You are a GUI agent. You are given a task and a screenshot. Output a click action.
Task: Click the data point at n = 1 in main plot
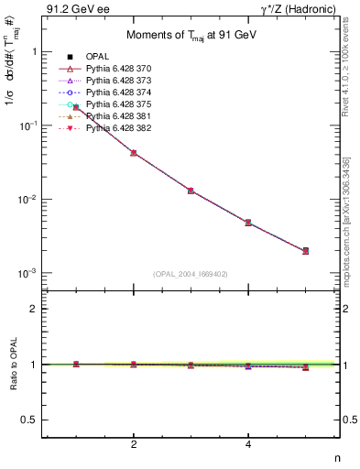[76, 107]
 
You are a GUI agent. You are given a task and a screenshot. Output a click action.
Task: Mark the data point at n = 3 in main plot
[191, 191]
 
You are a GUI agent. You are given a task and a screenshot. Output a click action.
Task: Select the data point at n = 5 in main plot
[305, 250]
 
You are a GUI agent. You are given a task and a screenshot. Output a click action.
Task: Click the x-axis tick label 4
[248, 445]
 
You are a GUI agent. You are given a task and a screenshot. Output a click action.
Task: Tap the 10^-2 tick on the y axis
[27, 200]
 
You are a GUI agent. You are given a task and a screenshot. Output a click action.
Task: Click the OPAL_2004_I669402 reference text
[191, 274]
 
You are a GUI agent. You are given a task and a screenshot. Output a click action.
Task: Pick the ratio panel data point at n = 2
[134, 365]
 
